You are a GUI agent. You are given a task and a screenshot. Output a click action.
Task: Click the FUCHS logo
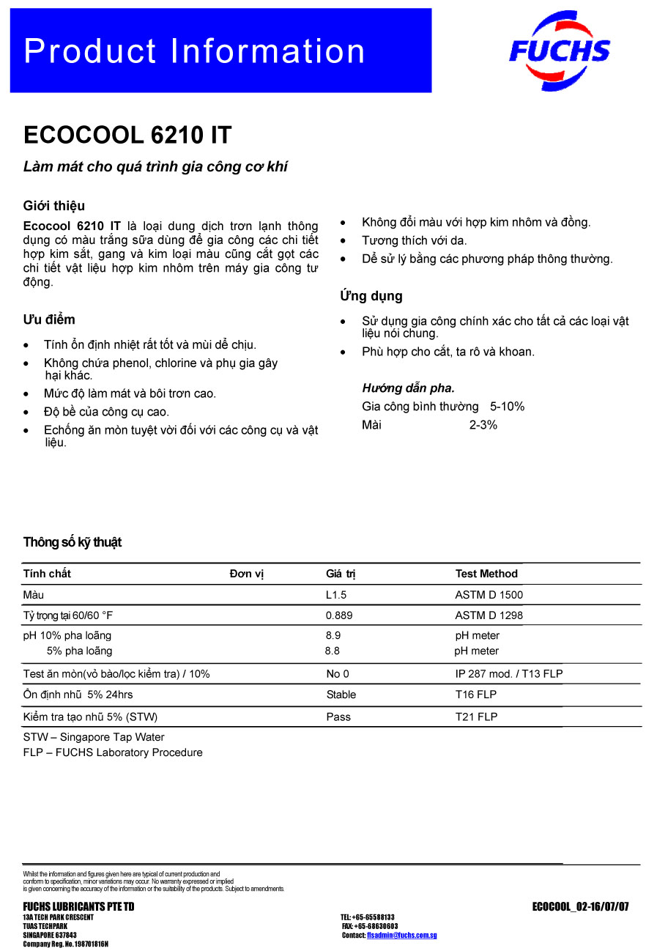[560, 51]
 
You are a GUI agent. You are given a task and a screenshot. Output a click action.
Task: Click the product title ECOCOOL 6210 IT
[127, 136]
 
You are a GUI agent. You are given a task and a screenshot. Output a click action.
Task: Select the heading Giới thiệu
[54, 206]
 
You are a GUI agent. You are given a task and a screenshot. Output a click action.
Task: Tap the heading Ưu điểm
[49, 319]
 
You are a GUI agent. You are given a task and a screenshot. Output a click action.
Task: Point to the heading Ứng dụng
[371, 297]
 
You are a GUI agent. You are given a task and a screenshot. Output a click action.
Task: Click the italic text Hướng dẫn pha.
[408, 388]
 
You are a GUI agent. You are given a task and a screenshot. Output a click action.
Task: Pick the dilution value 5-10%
[507, 407]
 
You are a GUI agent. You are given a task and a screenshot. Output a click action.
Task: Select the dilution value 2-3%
[483, 425]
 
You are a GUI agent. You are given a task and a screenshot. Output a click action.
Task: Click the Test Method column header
[486, 574]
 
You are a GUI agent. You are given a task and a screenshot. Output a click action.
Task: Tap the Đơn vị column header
[246, 574]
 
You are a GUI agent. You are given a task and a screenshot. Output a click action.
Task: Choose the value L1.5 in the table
[336, 595]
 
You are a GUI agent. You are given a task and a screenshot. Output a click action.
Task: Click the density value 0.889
[339, 615]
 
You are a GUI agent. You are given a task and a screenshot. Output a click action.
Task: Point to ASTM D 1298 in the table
[489, 615]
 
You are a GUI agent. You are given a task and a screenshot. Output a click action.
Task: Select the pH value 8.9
[333, 636]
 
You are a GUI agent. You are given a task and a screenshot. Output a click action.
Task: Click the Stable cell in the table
[341, 695]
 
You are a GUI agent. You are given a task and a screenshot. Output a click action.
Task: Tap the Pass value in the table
[338, 717]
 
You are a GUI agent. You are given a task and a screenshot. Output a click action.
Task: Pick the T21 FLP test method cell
[476, 717]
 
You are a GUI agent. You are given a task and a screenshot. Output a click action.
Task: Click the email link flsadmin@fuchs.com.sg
[401, 936]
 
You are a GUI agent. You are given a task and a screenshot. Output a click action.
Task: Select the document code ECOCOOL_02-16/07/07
[580, 907]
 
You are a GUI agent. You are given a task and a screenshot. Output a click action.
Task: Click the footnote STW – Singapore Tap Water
[94, 737]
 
